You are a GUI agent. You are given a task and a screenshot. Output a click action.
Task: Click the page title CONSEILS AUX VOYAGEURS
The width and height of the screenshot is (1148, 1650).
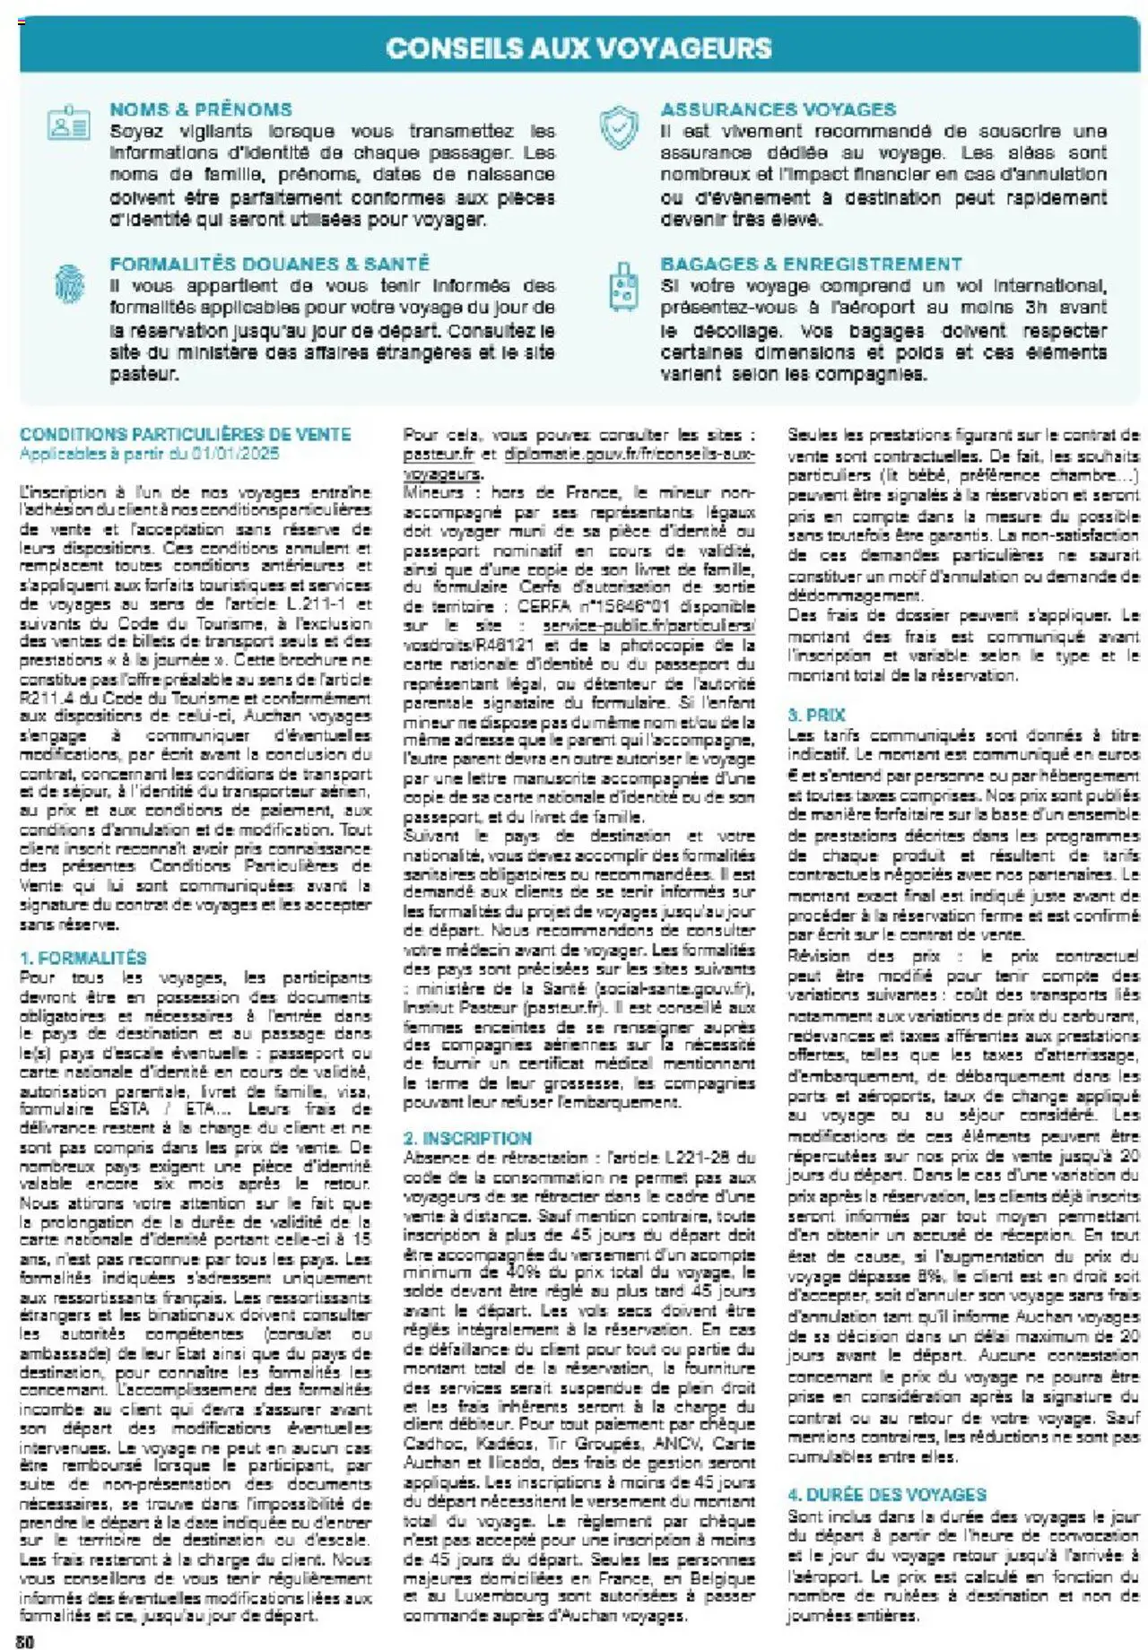pos(578,48)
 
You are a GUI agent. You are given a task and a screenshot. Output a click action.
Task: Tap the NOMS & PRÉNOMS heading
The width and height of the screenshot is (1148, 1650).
pos(201,109)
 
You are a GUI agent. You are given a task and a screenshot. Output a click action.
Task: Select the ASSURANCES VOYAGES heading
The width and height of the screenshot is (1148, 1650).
pos(778,109)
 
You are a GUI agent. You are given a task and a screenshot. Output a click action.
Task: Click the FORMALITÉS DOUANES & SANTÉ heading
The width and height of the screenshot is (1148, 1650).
pos(269,264)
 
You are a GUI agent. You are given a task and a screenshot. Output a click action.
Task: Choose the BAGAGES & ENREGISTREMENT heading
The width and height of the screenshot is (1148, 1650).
pos(811,264)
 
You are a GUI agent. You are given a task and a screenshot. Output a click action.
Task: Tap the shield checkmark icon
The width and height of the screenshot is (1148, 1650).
pos(619,127)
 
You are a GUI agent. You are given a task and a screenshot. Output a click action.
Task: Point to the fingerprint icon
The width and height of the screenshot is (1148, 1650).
pos(69,283)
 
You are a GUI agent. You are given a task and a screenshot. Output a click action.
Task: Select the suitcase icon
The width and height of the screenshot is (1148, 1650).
pos(622,286)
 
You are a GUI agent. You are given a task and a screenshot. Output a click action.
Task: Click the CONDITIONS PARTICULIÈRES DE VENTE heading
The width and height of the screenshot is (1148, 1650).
pos(185,435)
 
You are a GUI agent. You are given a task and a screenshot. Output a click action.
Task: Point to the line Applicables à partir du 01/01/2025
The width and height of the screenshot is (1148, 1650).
pos(149,454)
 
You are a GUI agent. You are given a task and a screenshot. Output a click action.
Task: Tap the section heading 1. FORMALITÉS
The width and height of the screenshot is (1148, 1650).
pos(83,958)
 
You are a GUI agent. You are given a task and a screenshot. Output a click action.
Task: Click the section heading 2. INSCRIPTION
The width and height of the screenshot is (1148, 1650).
pos(467,1138)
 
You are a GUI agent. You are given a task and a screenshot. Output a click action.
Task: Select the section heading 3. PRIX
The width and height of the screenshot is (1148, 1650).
pos(816,715)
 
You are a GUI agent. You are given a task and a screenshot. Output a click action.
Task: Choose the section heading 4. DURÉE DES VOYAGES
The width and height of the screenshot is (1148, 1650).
pos(886,1495)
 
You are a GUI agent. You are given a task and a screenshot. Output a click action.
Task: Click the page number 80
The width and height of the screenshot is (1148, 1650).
pos(25,1641)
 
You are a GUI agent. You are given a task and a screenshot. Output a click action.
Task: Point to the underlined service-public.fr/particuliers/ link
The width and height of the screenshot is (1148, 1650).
pos(649,626)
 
